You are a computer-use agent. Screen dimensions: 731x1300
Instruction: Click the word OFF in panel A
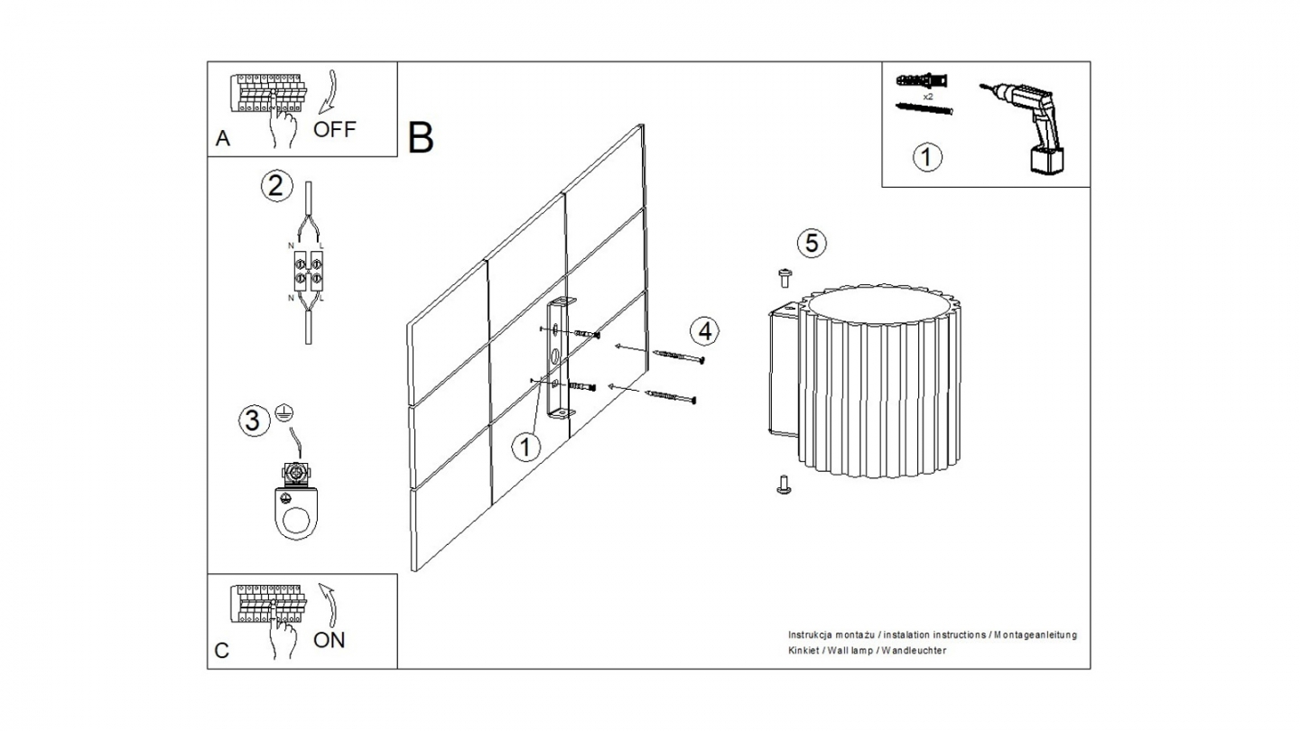[334, 129]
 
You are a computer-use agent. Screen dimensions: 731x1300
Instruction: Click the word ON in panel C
[329, 641]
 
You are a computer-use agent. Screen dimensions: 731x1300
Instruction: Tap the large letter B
[421, 137]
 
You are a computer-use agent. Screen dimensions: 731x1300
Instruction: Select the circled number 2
[277, 186]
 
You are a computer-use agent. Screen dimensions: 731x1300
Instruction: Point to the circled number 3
[254, 420]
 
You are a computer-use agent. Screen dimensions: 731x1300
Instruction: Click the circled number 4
[705, 331]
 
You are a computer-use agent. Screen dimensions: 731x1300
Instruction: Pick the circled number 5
[812, 243]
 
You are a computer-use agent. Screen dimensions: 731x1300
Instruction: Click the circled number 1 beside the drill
[927, 157]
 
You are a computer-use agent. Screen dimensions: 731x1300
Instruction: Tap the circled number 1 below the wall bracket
[525, 447]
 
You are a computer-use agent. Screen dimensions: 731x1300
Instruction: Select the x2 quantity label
[927, 95]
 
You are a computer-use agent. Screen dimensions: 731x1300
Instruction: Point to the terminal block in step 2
[309, 270]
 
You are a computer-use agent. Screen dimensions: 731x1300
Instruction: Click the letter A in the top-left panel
[223, 139]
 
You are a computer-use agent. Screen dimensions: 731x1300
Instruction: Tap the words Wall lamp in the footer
[851, 651]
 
